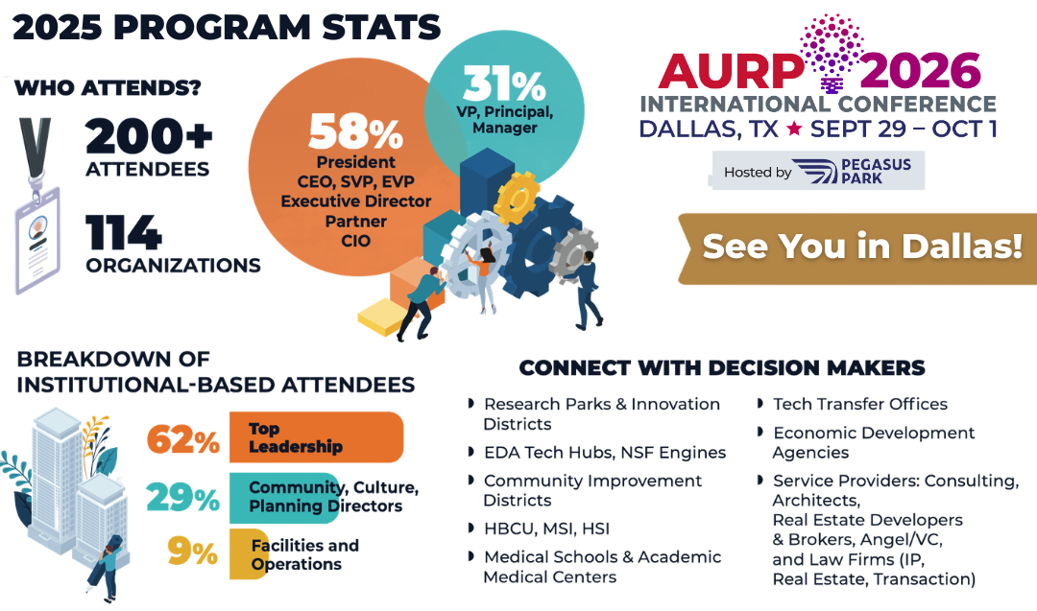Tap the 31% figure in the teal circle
[504, 83]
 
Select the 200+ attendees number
[149, 137]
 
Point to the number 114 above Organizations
[124, 232]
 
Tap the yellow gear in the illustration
[517, 198]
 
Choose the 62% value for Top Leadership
[183, 438]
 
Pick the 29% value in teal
[183, 498]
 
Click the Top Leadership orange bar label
[296, 437]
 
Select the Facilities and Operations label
[305, 554]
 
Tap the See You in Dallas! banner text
[862, 247]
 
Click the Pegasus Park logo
[853, 171]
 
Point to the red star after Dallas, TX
[794, 129]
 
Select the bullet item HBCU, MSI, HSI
[546, 529]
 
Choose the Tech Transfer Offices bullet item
[860, 404]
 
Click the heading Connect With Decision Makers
[721, 368]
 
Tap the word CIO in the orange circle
[356, 241]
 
